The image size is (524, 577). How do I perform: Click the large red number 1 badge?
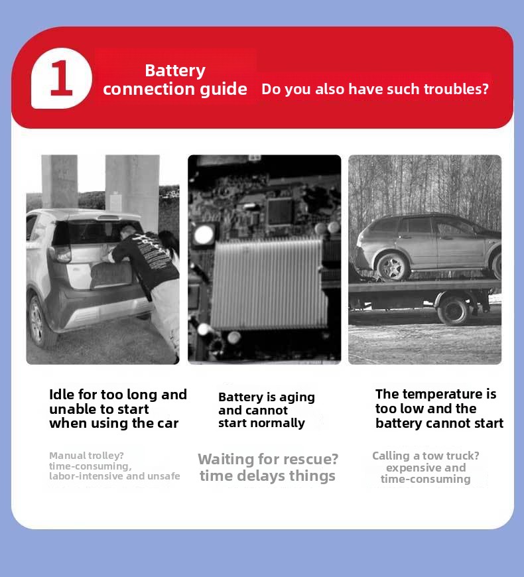pos(62,78)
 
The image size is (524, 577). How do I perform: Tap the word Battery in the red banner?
pos(175,71)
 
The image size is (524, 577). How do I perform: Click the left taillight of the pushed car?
pos(62,254)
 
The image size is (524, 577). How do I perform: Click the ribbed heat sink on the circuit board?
pos(269,283)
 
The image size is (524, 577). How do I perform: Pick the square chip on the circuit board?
pos(281,211)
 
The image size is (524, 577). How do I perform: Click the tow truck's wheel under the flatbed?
pos(454,310)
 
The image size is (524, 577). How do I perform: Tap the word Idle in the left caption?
pos(62,395)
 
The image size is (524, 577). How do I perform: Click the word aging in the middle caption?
pos(297,398)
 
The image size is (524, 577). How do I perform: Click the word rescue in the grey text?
pos(310,459)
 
